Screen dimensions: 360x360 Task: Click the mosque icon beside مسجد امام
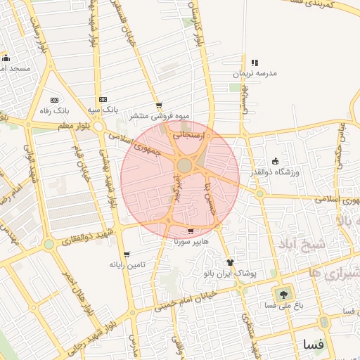[x=6, y=58]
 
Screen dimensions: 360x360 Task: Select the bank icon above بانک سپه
[x=103, y=99]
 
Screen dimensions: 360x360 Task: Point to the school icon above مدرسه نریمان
[x=255, y=63]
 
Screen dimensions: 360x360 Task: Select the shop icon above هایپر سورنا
[x=191, y=231]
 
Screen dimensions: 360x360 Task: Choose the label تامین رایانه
[x=127, y=265]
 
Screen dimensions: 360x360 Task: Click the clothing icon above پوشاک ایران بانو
[x=230, y=262]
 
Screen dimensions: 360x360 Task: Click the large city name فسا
[x=313, y=345]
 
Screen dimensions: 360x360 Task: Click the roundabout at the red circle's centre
[x=184, y=165]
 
